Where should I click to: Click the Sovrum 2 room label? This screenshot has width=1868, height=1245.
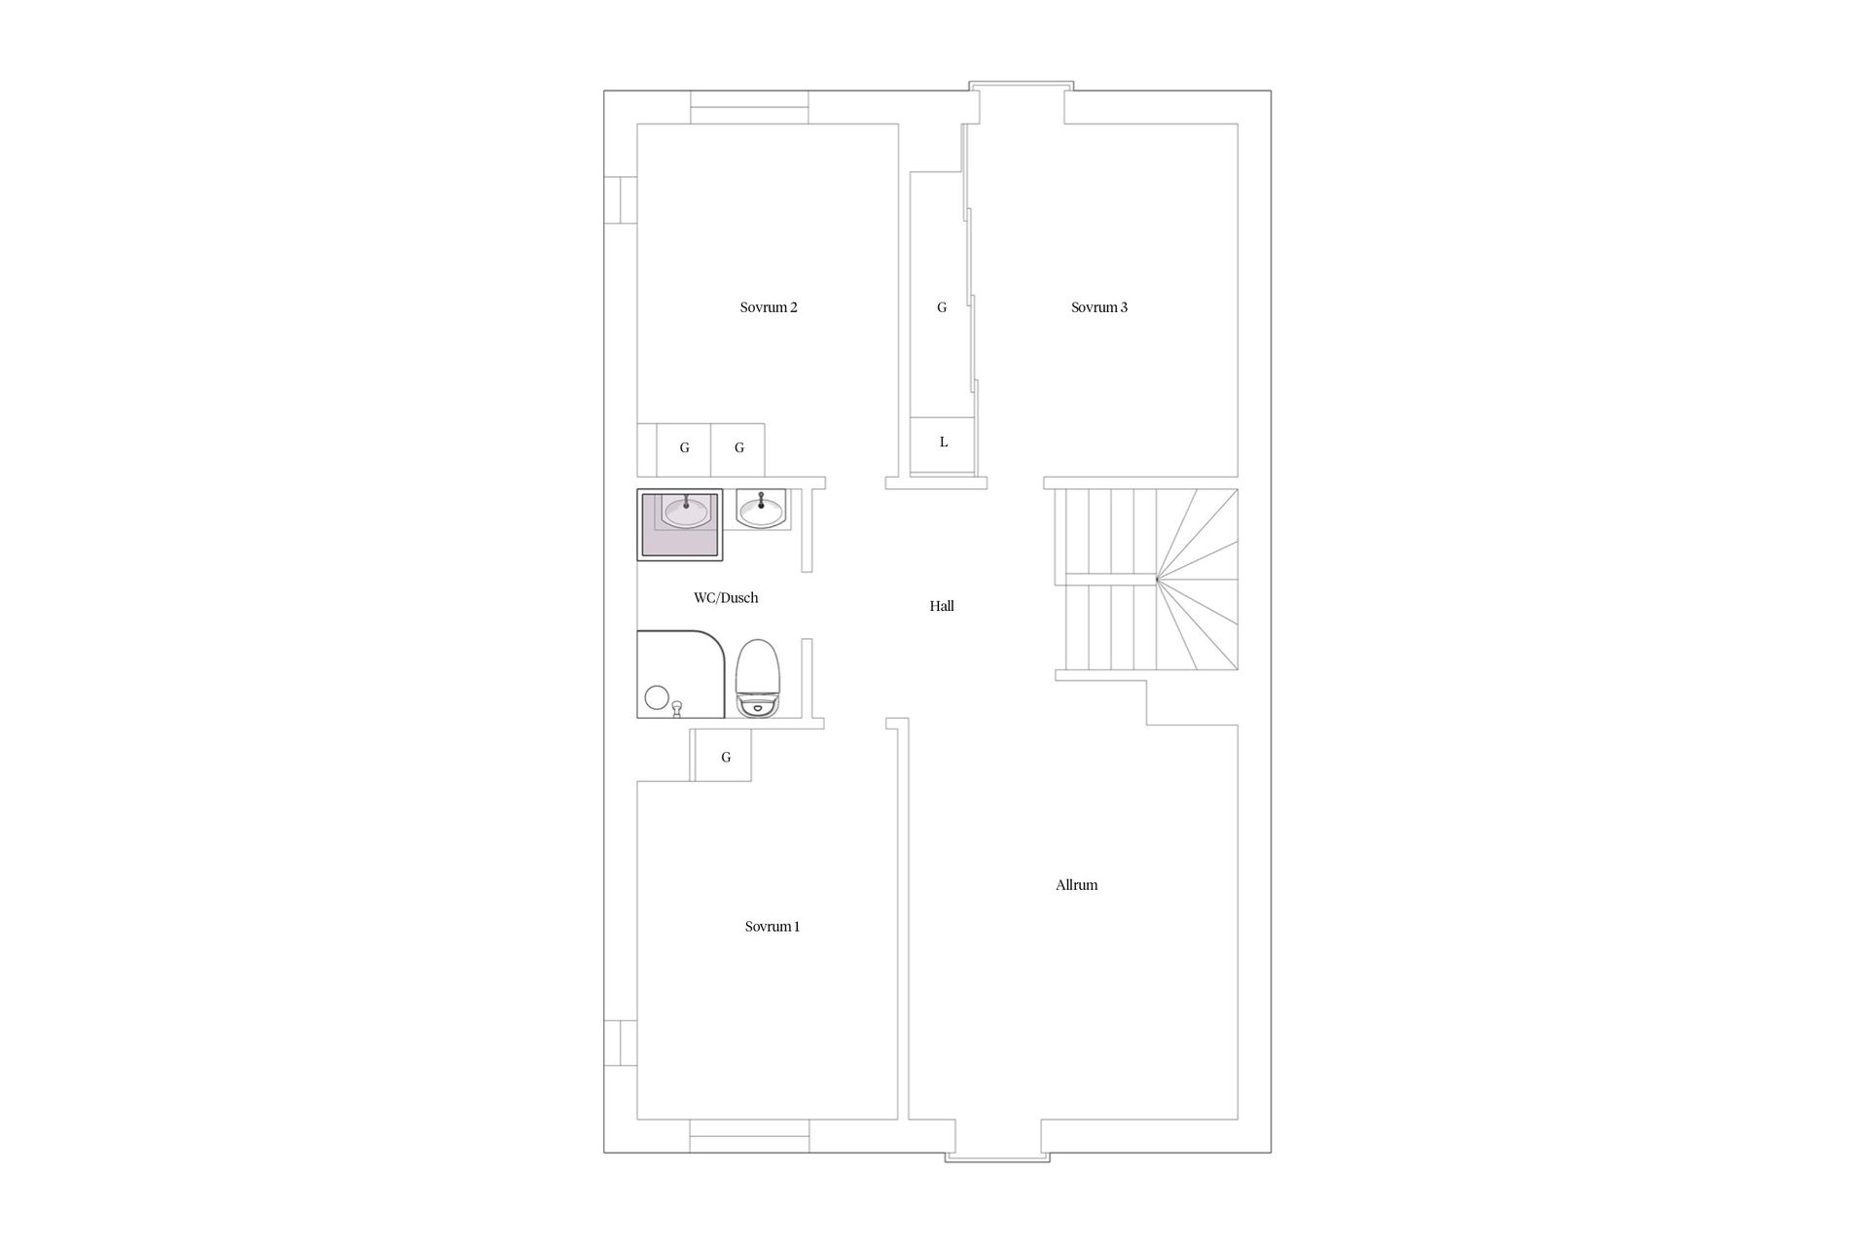768,307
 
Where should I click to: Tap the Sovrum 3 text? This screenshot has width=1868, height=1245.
1098,307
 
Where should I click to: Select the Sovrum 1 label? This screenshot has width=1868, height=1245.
772,927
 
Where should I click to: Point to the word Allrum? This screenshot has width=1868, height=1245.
1076,885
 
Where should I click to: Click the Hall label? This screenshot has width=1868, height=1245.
941,606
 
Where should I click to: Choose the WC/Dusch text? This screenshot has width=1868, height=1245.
726,598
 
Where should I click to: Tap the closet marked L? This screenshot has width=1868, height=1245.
943,444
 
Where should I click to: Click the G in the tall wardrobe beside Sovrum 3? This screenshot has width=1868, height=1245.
941,307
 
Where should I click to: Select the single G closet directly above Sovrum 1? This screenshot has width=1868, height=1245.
725,757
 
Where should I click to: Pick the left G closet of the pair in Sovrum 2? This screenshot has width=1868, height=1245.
684,448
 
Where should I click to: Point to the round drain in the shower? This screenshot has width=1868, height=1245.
656,696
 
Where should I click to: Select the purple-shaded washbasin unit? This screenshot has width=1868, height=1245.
680,525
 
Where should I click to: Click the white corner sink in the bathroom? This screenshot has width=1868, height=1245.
760,508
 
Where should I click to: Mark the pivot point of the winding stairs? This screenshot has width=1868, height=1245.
1157,580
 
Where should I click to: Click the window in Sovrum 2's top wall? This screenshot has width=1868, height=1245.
749,107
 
